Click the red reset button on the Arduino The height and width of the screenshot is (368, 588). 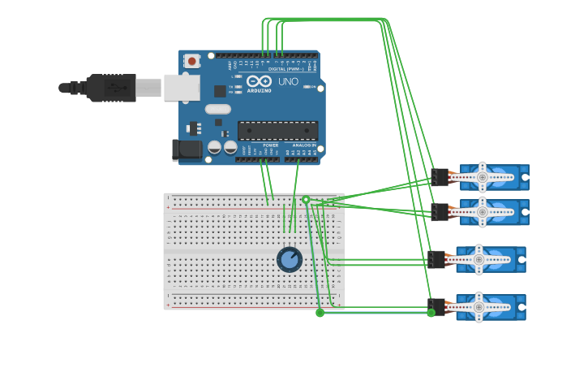pos(191,61)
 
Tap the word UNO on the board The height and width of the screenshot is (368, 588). pos(288,82)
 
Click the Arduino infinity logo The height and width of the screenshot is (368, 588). pos(259,81)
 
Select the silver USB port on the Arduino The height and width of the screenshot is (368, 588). pos(181,88)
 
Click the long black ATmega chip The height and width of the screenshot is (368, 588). pos(277,130)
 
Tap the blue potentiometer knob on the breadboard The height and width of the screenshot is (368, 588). pos(290,259)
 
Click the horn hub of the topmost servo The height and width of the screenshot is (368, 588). pos(482,176)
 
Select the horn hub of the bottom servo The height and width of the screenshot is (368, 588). pos(479,307)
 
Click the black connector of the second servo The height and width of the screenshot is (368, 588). pos(440,212)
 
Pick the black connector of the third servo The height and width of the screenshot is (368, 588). pos(436,259)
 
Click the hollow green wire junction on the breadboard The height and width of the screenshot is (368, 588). pos(306,200)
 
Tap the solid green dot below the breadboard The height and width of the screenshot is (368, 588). pos(320,313)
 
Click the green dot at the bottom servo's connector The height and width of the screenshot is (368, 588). pos(431,312)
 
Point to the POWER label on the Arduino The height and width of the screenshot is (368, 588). pos(270,145)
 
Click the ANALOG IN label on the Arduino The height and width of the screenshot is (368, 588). pos(304,145)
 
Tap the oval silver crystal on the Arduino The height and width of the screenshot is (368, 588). pos(217,109)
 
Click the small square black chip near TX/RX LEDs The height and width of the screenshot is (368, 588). pos(220,91)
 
